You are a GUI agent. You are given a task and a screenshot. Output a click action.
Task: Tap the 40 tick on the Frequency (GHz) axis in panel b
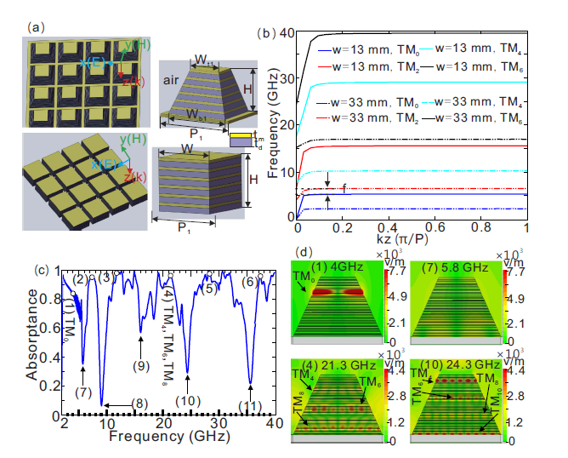click(x=284, y=33)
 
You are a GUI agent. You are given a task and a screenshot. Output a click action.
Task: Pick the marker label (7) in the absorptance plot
click(x=82, y=393)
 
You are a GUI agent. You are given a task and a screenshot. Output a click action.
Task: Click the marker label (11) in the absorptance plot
click(x=250, y=404)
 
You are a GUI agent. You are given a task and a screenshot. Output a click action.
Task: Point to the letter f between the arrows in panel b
click(x=343, y=186)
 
